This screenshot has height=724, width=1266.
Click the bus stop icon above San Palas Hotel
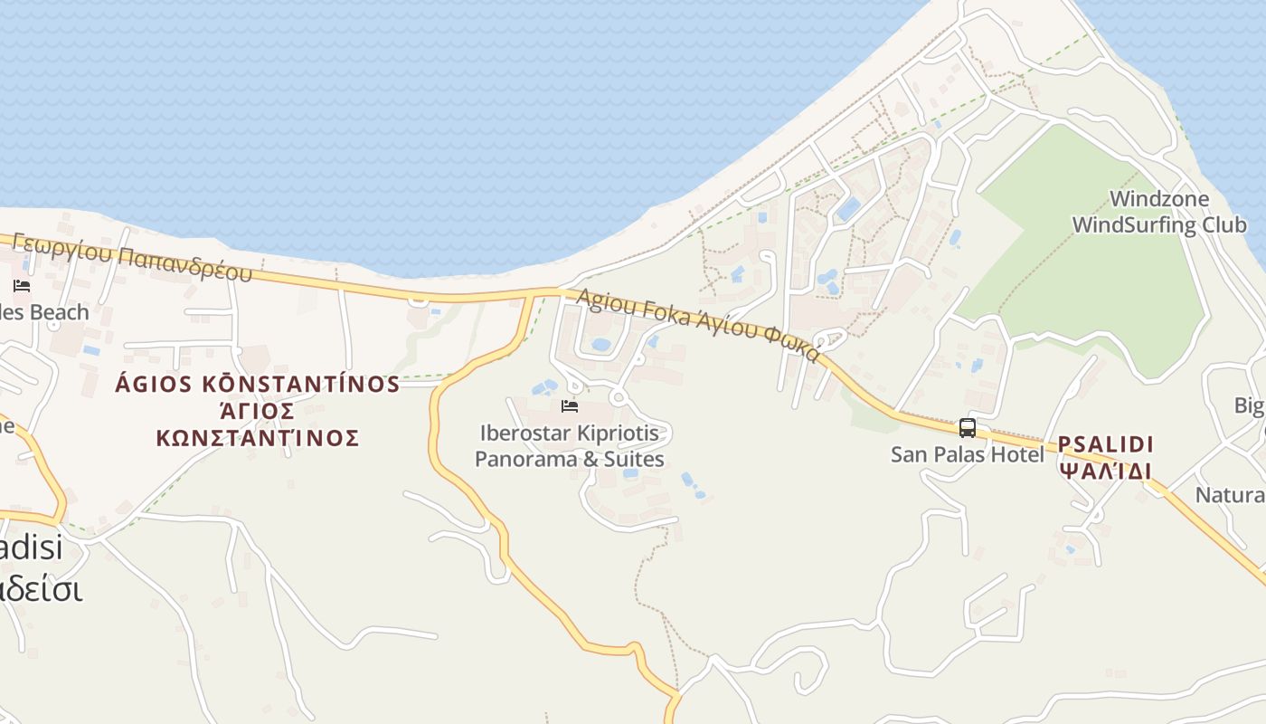pos(968,428)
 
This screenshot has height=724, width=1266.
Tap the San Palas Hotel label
pos(967,454)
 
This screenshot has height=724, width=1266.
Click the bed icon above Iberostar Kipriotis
pos(570,406)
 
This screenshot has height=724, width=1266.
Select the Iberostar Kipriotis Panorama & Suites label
pos(570,446)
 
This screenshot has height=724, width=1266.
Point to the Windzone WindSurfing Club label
pos(1158,212)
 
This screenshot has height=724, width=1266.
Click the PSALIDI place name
pos(1106,444)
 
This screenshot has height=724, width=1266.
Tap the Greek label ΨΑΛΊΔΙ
pos(1106,472)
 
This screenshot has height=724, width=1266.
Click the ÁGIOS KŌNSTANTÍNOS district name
pos(258,384)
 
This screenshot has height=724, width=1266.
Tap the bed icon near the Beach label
pos(22,286)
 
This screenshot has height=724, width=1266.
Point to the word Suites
pos(633,460)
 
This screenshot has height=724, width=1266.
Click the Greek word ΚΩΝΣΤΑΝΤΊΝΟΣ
pos(258,439)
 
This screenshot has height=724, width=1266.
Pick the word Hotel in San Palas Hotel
pos(1017,454)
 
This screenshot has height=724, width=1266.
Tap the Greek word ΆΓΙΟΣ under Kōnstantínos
pos(258,412)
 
